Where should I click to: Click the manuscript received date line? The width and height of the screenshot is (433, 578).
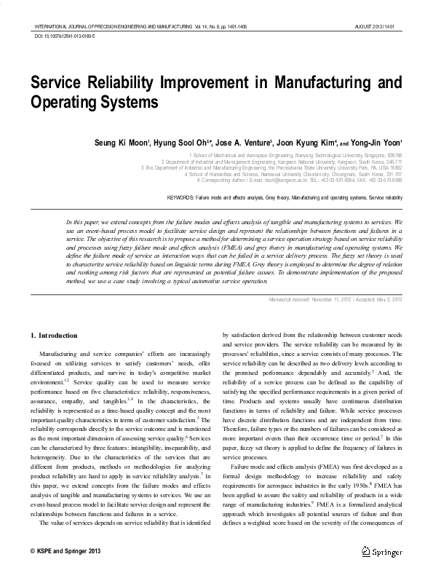(x=335, y=300)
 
